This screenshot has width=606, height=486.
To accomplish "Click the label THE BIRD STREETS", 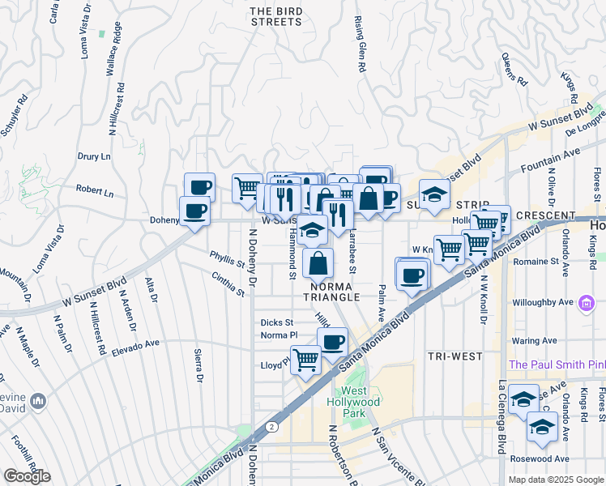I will (x=275, y=16).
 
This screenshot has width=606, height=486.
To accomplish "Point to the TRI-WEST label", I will (x=454, y=356).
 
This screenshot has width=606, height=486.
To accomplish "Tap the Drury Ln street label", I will (x=93, y=156).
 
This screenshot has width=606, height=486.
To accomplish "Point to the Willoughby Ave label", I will (x=538, y=302).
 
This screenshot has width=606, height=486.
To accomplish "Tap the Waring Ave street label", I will (x=538, y=341).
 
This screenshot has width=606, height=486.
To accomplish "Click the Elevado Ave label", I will (x=136, y=344).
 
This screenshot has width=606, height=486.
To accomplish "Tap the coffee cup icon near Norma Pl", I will (x=332, y=341).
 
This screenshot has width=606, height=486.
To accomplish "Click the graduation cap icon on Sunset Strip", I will (x=435, y=194).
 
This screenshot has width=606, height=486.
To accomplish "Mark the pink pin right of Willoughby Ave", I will (x=588, y=302).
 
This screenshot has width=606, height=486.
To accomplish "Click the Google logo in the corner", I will (x=27, y=476).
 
